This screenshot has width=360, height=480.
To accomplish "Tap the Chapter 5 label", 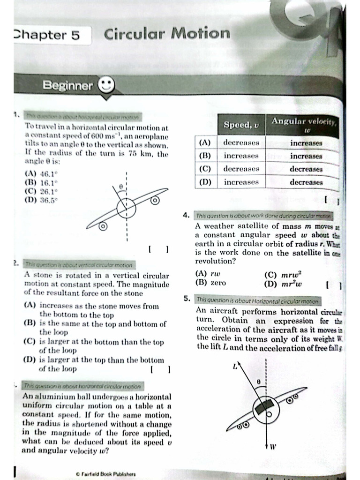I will (47, 35).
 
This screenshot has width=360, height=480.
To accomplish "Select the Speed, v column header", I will (241, 125).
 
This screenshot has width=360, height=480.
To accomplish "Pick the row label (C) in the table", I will (205, 169).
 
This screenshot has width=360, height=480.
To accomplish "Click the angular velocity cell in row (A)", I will (306, 142).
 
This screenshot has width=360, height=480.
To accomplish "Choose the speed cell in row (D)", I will (241, 182).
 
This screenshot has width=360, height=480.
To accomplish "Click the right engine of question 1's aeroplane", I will (155, 201).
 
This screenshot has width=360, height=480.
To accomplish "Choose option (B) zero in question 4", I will (210, 283).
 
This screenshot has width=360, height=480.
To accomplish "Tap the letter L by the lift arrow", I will (235, 367).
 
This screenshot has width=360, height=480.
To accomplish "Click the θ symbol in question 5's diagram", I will (258, 382).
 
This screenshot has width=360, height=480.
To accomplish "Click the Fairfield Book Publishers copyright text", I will (105, 474).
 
